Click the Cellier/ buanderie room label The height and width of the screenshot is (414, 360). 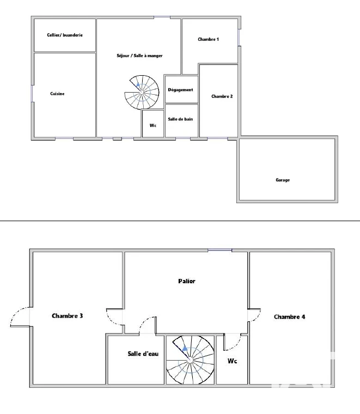[65, 35]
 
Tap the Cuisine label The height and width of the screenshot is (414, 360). [57, 94]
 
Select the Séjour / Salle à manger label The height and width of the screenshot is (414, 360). [139, 56]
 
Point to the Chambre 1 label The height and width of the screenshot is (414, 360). [208, 39]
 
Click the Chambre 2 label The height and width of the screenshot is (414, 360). [222, 96]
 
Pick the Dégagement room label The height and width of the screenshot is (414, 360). [180, 90]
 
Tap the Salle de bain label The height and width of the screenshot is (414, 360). [180, 119]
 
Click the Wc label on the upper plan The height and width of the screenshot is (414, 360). [153, 125]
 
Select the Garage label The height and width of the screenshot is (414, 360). [283, 180]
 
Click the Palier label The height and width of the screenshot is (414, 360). [187, 281]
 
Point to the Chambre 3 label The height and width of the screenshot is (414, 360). [68, 316]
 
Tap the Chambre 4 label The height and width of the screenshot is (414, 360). [290, 316]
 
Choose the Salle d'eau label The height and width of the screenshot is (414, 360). [143, 354]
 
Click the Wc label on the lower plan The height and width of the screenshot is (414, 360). [232, 361]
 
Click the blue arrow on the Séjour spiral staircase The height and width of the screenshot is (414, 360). [138, 85]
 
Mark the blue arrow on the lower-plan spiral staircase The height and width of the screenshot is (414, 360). [185, 349]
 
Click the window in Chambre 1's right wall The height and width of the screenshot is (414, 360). [239, 37]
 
